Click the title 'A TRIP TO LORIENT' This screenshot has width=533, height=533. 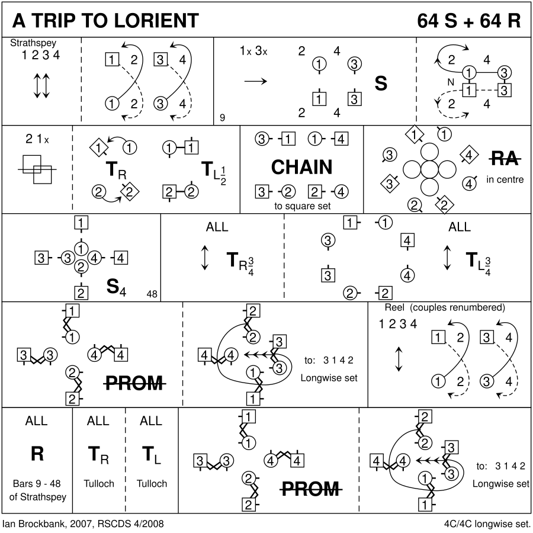(x=105, y=20)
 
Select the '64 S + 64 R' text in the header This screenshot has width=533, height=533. (x=468, y=20)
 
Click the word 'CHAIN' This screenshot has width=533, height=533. (x=302, y=168)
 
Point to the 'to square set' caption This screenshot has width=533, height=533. (x=302, y=206)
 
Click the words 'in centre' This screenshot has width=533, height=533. (x=505, y=179)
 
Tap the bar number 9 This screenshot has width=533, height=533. (x=222, y=117)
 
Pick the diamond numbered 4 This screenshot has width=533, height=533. (x=468, y=156)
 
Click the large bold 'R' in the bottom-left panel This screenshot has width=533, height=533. (x=37, y=454)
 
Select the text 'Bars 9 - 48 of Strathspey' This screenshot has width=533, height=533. (x=37, y=489)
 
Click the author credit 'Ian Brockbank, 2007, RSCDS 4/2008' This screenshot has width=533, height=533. (x=84, y=524)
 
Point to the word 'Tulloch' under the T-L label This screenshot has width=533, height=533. (x=152, y=483)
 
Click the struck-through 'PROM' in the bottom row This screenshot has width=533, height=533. (x=310, y=489)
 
